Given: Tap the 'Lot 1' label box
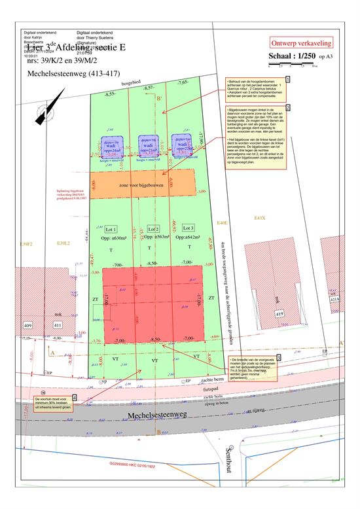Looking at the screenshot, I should (110, 230).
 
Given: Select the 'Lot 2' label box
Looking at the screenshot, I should (153, 229).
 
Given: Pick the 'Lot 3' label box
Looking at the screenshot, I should (189, 229).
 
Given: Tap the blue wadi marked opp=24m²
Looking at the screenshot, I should (111, 146).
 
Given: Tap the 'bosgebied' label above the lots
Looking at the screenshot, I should (132, 82).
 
